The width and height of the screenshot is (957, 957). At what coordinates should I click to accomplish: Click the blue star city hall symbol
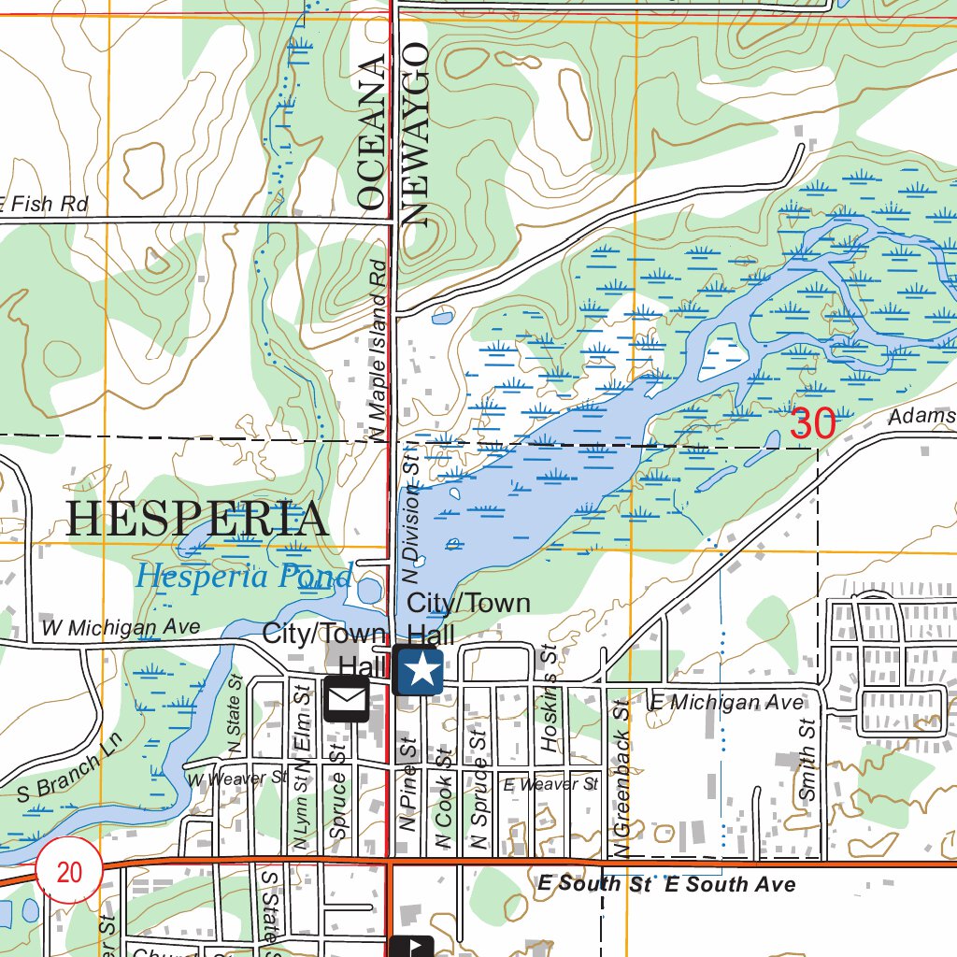418,670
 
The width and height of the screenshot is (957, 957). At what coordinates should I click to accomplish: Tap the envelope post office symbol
346,699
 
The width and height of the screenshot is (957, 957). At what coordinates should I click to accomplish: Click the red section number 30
812,423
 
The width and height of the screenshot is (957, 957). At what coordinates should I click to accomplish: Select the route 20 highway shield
69,872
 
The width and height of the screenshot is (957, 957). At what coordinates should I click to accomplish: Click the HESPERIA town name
197,520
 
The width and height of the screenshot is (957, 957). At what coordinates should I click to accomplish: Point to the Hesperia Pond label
243,576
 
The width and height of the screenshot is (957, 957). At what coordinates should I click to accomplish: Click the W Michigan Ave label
121,627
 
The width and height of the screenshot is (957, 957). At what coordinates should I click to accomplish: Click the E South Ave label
730,884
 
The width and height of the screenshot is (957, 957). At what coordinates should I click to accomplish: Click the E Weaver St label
550,784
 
